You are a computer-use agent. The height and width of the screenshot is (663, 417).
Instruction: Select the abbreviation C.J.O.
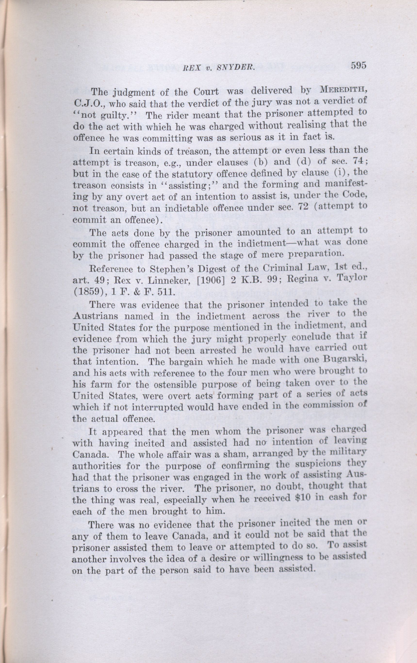(x=87, y=105)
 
